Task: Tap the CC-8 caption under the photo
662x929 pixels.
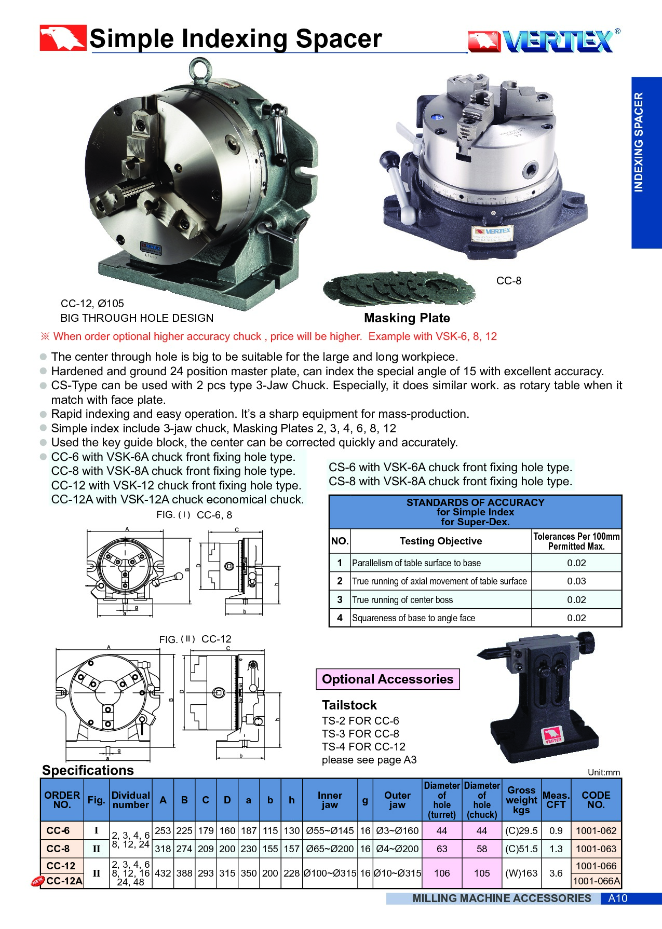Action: [x=508, y=281]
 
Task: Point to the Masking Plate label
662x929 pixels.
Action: [x=407, y=318]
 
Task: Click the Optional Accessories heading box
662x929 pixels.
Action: [x=387, y=679]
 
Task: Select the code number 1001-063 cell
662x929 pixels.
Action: [x=596, y=849]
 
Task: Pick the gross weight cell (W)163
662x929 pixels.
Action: [x=521, y=873]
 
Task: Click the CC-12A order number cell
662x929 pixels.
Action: [x=64, y=881]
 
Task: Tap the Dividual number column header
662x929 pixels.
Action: [x=130, y=800]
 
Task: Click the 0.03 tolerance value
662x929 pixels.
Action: [x=576, y=581]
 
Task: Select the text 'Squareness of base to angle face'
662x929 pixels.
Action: [x=413, y=618]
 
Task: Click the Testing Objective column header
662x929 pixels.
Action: [x=440, y=541]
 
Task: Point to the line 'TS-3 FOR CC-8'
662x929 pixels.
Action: [x=360, y=734]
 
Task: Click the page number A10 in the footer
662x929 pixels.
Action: [x=617, y=898]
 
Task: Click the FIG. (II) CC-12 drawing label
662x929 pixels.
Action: [x=195, y=639]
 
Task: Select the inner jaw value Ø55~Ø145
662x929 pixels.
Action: [x=330, y=830]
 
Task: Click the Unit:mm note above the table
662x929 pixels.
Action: [x=603, y=772]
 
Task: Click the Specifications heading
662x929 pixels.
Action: [x=88, y=770]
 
